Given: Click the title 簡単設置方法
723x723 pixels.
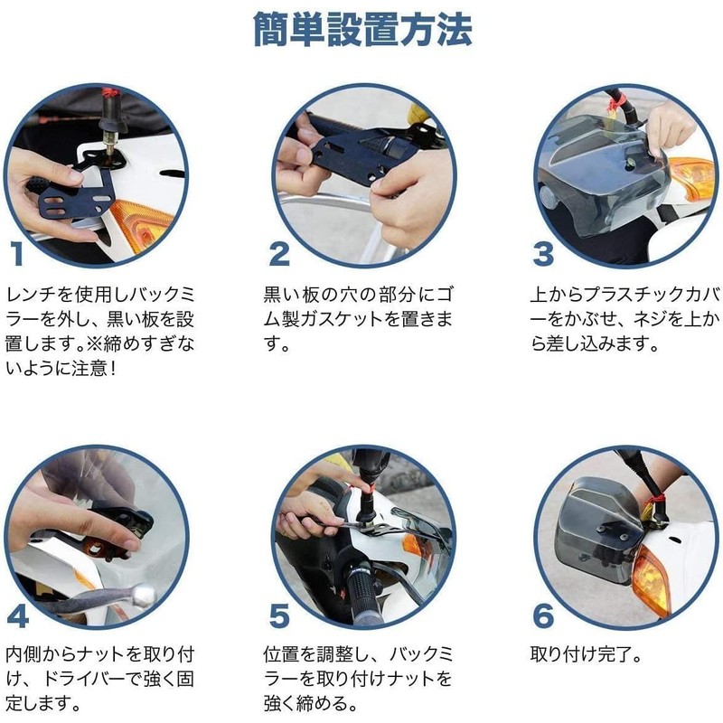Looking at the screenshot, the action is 362,30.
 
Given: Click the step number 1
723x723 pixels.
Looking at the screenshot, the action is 17,254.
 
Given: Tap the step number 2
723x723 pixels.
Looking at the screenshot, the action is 279,254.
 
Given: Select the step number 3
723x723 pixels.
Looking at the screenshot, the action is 543,254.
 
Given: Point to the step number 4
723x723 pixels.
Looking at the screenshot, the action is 18,616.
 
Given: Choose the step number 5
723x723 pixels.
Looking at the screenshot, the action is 279,616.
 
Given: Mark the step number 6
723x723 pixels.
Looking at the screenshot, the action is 543,616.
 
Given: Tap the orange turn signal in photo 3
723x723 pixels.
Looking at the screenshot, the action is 690,178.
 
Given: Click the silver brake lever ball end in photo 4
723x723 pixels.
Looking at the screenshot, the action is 144,596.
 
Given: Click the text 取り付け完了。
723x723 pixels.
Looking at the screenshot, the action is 586,653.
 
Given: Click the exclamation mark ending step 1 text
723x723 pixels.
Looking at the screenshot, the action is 112,369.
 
